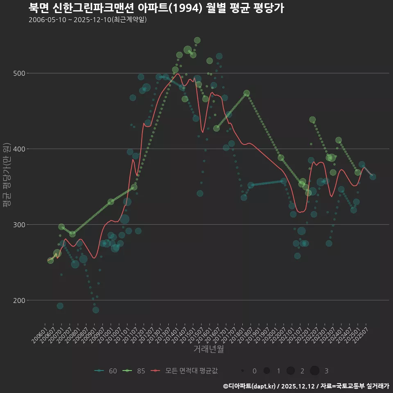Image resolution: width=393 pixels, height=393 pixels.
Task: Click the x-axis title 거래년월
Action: click(208, 349)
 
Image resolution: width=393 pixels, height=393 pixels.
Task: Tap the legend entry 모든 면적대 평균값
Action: click(184, 371)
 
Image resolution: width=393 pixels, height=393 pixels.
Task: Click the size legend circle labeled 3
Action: click(314, 371)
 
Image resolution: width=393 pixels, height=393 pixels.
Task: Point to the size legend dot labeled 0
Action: click(243, 371)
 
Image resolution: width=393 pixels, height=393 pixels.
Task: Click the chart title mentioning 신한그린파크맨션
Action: click(156, 7)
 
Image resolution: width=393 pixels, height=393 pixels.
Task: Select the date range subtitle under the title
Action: click(88, 20)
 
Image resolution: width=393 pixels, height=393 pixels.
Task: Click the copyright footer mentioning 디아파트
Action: click(306, 386)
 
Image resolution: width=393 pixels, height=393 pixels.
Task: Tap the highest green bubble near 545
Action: click(197, 40)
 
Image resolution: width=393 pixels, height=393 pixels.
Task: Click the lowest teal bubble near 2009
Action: click(95, 310)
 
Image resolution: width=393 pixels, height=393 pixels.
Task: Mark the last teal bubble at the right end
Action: click(373, 177)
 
